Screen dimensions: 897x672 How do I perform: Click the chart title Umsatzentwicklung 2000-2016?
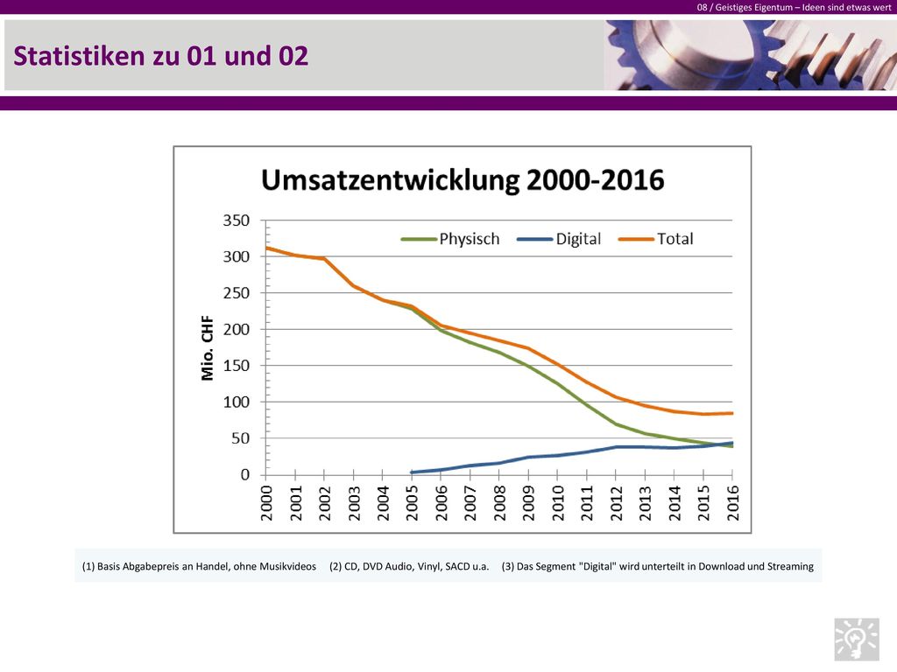click(x=463, y=180)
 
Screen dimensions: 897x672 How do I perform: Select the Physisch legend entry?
click(x=450, y=239)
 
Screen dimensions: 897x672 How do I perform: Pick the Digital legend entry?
click(x=559, y=239)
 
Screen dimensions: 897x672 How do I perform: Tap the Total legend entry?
click(x=656, y=239)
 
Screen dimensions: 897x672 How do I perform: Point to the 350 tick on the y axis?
click(x=237, y=220)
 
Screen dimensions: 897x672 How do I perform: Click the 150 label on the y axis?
click(x=237, y=366)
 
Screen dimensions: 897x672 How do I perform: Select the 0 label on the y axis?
click(x=245, y=475)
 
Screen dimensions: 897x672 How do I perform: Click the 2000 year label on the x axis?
click(x=266, y=503)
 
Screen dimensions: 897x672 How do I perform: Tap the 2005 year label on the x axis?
click(x=412, y=503)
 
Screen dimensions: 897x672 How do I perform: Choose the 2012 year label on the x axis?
click(x=616, y=503)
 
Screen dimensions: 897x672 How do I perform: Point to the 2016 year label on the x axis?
click(x=733, y=503)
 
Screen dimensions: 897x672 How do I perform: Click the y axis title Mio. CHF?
click(x=207, y=348)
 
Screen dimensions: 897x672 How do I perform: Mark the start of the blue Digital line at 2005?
click(x=412, y=472)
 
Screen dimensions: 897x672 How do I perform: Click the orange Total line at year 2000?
click(x=266, y=248)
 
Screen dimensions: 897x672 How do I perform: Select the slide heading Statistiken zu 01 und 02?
click(x=161, y=56)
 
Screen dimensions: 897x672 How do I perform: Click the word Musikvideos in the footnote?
click(x=287, y=566)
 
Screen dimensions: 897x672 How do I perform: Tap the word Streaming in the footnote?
click(x=790, y=567)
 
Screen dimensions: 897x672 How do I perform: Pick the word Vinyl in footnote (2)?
click(x=428, y=567)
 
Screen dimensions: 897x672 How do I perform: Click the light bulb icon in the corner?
click(x=857, y=639)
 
